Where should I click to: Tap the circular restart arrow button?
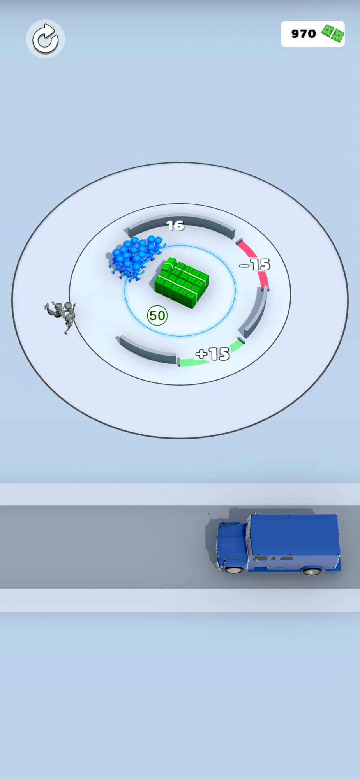[x=45, y=39]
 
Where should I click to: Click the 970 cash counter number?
[x=304, y=34]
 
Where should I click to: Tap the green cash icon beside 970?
[x=333, y=33]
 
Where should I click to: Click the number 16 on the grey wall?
[x=175, y=226]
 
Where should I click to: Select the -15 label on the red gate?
[x=255, y=265]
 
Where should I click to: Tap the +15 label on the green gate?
[x=213, y=354]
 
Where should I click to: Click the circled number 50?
[x=157, y=315]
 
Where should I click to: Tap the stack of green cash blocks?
[x=182, y=282]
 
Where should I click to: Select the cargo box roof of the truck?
[x=294, y=534]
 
